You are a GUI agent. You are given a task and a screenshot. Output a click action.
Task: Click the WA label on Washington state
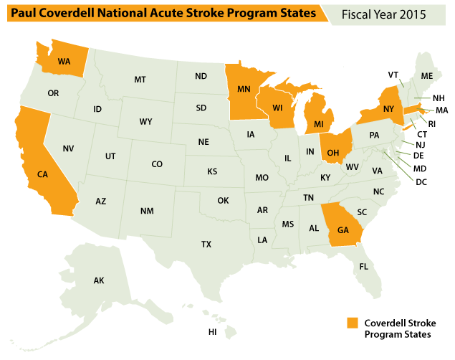63,61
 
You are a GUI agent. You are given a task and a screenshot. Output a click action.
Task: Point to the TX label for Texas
206,245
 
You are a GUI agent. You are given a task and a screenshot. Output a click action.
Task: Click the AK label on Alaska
99,280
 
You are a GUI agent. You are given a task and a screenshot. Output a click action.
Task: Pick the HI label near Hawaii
213,332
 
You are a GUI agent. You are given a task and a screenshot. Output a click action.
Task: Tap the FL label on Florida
364,267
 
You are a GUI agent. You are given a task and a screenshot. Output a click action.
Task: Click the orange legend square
352,323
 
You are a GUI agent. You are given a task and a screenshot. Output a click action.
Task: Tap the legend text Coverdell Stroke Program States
400,328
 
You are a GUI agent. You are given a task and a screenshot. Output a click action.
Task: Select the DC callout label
421,181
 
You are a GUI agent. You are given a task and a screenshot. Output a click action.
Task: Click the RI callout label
431,123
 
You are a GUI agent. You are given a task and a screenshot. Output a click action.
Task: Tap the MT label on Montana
140,80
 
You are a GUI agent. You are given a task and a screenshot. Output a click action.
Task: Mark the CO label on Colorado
157,164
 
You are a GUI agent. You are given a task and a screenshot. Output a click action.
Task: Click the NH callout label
439,98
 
